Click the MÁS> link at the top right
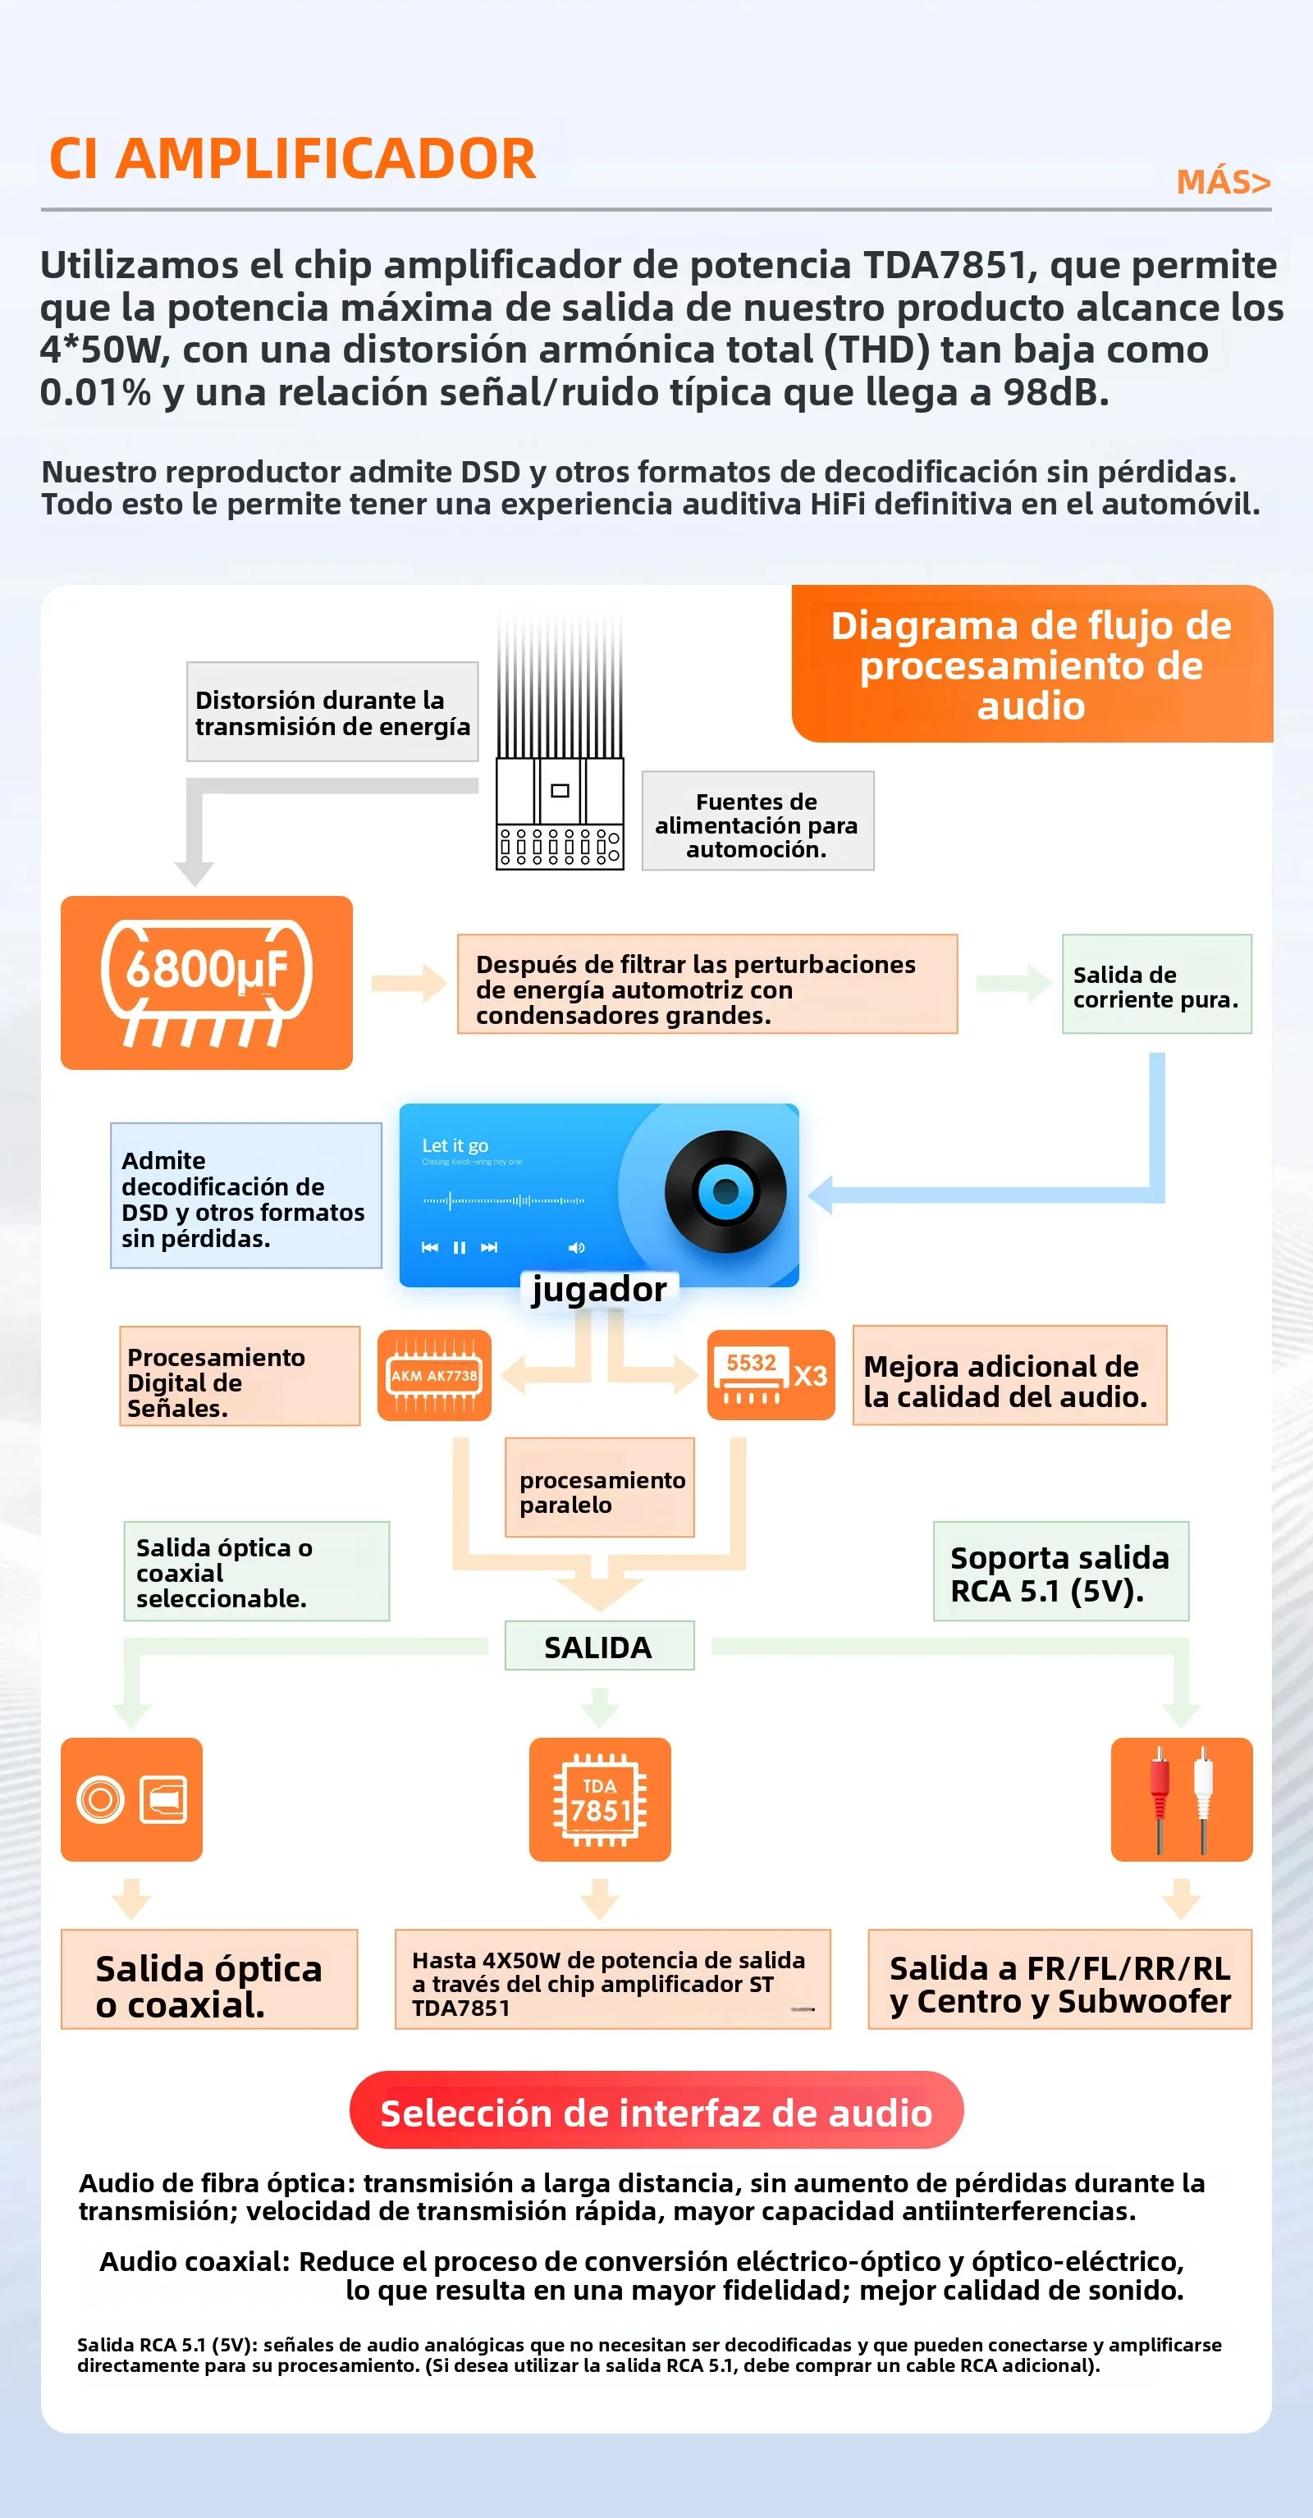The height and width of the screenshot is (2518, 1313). [1223, 182]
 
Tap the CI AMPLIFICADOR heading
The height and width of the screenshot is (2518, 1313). [292, 158]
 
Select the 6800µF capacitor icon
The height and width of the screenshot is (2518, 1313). [206, 982]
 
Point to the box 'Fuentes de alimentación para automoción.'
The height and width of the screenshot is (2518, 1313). [757, 821]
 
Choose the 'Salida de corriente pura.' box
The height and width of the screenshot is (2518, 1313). [1156, 985]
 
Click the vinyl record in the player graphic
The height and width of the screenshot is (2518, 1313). [725, 1191]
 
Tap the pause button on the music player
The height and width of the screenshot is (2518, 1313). [460, 1247]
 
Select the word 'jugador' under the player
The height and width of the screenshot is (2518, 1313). [598, 1289]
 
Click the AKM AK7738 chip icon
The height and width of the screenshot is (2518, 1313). [434, 1375]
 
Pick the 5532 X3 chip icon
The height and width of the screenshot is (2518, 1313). [771, 1375]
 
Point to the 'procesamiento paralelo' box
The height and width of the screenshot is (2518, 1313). [599, 1487]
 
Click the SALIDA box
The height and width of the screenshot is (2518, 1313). [599, 1646]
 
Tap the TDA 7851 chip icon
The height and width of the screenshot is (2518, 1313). [599, 1799]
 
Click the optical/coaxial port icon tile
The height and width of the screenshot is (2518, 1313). [131, 1799]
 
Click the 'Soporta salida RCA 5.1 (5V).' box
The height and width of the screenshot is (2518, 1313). [1061, 1572]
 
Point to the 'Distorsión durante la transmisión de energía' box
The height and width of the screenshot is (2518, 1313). [332, 711]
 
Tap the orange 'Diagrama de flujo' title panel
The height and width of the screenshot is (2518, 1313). [1032, 664]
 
